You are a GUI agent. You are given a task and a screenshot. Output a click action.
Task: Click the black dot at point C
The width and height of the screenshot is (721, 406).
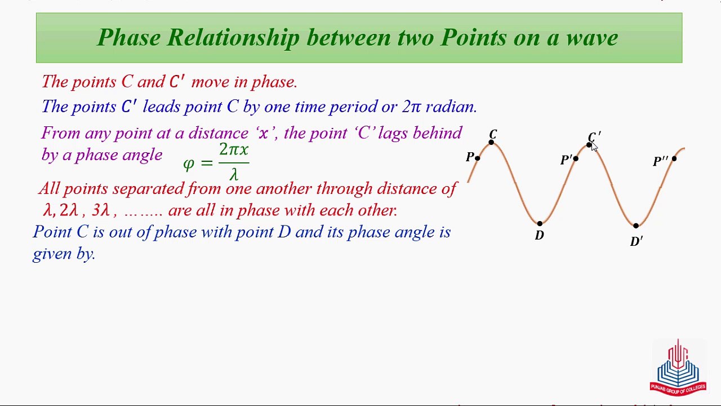point(491,142)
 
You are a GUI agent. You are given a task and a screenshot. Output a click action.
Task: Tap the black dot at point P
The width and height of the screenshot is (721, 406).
point(477,158)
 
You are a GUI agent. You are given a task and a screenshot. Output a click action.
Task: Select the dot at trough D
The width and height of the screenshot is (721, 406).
point(540,223)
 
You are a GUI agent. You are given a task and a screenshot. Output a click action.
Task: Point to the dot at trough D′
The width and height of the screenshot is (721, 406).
point(636,226)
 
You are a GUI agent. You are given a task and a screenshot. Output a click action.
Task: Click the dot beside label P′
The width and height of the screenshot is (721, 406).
point(576,158)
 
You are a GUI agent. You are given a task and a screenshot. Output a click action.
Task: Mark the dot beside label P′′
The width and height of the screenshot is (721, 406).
point(674,158)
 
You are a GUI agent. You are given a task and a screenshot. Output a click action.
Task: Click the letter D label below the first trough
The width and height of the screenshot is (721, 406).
point(540,236)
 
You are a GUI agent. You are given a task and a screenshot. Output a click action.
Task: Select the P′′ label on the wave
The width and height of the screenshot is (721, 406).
point(661,161)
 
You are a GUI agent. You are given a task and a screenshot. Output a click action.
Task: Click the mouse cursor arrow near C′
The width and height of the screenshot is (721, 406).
point(594,147)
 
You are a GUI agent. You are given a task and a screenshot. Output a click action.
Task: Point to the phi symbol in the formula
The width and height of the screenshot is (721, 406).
point(189,164)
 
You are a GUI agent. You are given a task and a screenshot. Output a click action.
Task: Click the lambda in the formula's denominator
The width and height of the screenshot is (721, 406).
point(234,175)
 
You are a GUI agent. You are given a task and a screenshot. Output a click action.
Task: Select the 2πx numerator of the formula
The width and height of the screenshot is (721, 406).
point(234,150)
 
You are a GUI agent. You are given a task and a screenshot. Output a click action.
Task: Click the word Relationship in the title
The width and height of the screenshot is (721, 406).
point(234,38)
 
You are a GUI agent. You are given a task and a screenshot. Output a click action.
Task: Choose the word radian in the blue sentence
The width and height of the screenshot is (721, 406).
point(451,107)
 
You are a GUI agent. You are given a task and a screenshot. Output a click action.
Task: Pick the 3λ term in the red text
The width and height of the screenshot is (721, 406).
point(101,210)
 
